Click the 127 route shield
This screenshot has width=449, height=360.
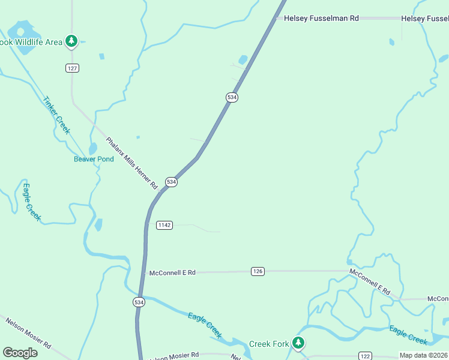(72, 68)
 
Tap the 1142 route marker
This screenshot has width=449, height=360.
(164, 225)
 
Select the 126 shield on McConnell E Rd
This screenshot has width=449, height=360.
(258, 272)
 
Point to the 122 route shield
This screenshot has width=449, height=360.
(365, 356)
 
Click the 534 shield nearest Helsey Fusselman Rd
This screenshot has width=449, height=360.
(232, 97)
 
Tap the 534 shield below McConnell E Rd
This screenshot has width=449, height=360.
(139, 302)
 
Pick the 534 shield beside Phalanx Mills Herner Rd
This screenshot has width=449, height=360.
(172, 182)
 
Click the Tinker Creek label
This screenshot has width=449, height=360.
(56, 115)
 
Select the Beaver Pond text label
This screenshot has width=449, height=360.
(94, 159)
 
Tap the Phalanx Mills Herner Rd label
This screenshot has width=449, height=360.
(131, 164)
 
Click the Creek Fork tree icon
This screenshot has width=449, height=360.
(298, 343)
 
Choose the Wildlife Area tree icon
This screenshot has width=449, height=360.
(72, 41)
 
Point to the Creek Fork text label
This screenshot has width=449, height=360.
(268, 344)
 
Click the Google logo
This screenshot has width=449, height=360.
(20, 353)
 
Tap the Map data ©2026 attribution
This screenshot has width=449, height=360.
(423, 355)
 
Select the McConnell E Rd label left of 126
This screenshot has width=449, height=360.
(172, 272)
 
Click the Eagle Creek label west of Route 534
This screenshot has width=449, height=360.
(31, 202)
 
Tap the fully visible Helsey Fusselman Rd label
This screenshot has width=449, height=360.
(321, 19)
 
